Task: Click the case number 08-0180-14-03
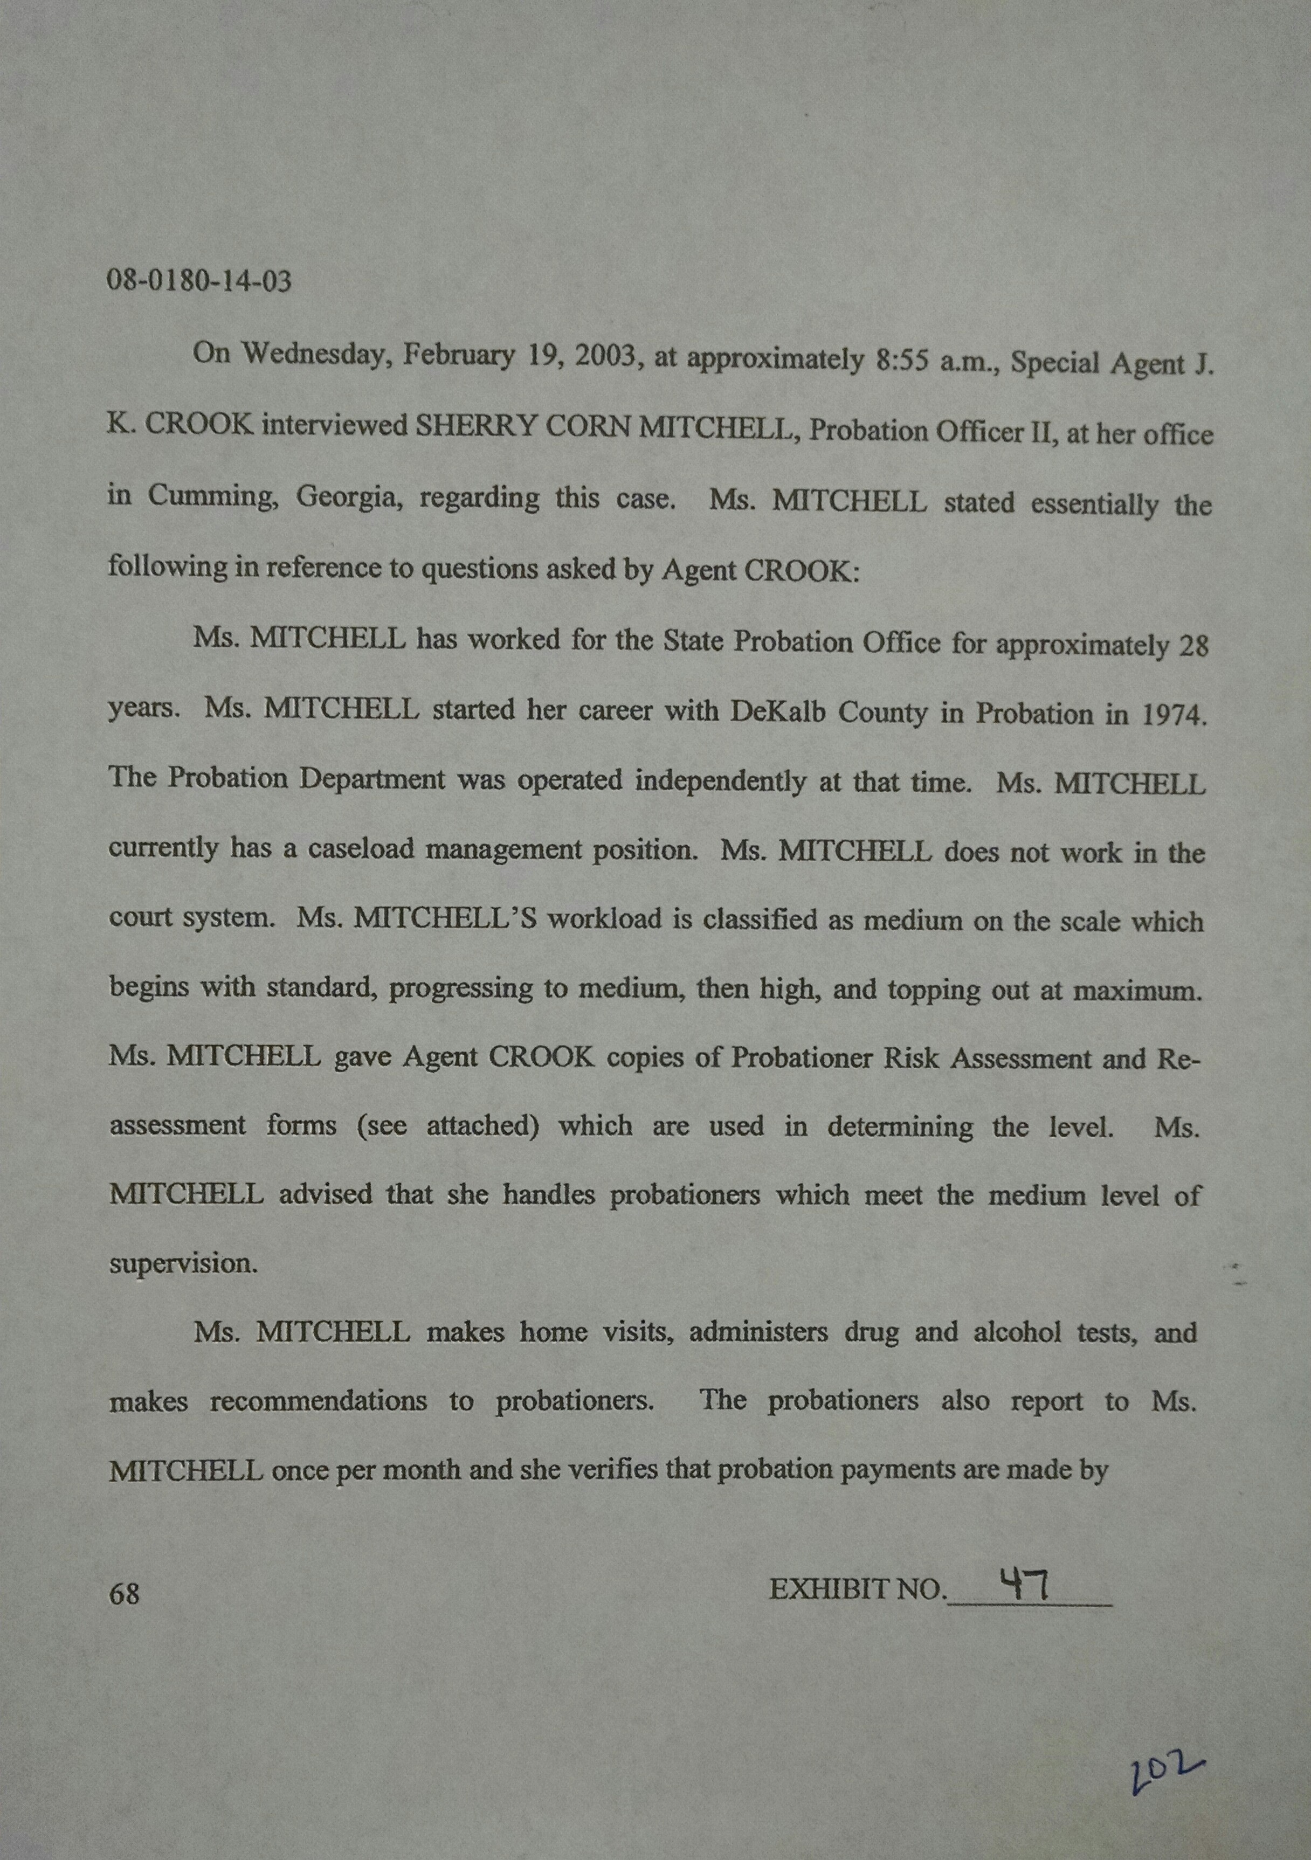pos(199,282)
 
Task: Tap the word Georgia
pos(349,496)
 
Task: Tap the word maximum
pos(1137,991)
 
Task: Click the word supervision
pos(183,1263)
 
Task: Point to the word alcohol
pos(1016,1333)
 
